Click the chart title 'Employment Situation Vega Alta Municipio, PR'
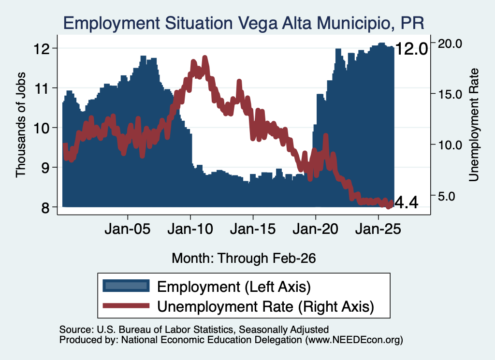(244, 23)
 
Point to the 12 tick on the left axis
(42, 49)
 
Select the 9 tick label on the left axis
(45, 168)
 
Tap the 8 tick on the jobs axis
(45, 207)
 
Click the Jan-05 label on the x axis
(128, 229)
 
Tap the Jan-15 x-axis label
(253, 229)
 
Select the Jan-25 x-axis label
(378, 229)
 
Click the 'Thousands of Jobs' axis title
(20, 125)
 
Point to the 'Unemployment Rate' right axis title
(474, 125)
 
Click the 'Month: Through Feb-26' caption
(244, 258)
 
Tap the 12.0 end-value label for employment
(411, 49)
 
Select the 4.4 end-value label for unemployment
(407, 202)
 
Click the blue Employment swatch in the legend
(126, 286)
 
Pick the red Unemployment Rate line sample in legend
(126, 305)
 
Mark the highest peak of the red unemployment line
(205, 58)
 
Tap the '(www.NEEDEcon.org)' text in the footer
(354, 340)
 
